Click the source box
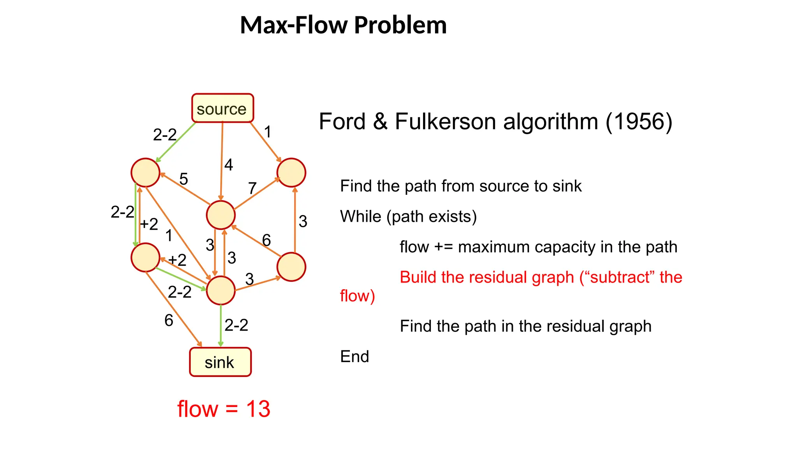click(222, 108)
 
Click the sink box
click(220, 362)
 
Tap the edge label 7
click(252, 189)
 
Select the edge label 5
click(184, 179)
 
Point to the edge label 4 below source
click(228, 165)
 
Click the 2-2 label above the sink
click(236, 325)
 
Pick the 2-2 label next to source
click(165, 135)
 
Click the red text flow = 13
click(224, 409)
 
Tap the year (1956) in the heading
click(639, 122)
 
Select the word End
click(354, 356)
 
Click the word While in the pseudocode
click(360, 216)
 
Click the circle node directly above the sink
click(221, 290)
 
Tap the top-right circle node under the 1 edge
click(291, 173)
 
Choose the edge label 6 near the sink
click(169, 320)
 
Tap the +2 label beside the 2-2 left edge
click(149, 224)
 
